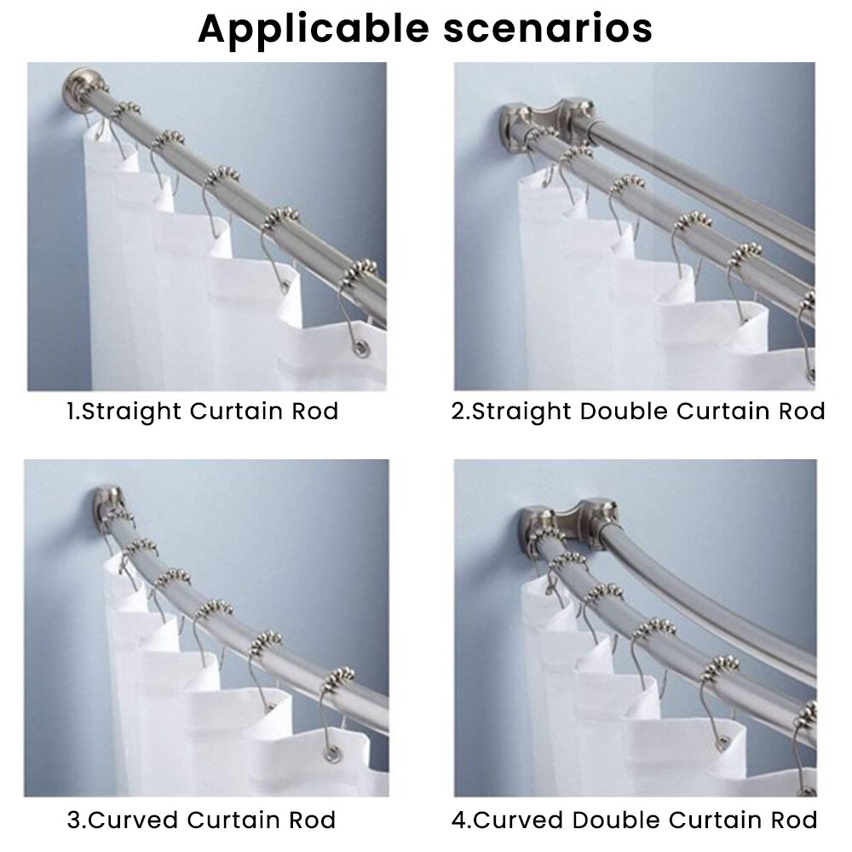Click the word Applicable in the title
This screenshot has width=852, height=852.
click(314, 30)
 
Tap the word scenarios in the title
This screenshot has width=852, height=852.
click(548, 28)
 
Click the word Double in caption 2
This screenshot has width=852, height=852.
click(624, 411)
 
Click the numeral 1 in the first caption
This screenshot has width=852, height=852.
click(70, 412)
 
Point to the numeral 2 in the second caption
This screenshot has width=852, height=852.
click(458, 412)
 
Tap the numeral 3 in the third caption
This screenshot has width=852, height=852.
click(74, 820)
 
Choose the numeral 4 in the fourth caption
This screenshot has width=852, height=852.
click(459, 820)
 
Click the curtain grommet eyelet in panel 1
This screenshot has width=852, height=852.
click(361, 348)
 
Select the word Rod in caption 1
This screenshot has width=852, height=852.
click(315, 411)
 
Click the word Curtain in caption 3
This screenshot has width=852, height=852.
click(233, 820)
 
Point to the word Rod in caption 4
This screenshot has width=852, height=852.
click(792, 820)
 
